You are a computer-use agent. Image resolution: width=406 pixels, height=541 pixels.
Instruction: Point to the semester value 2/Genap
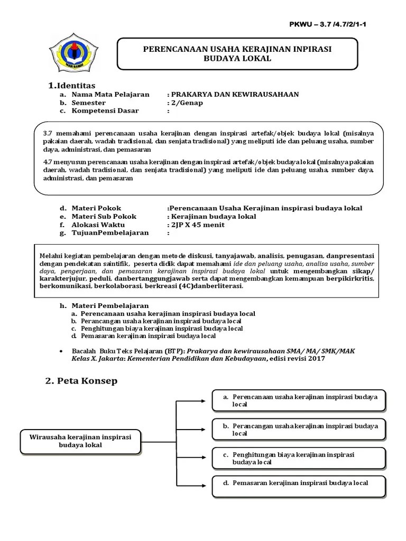(187, 102)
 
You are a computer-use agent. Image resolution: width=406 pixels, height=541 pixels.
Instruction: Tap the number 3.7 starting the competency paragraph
(48, 134)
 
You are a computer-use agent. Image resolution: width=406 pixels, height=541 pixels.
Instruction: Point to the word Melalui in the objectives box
(52, 256)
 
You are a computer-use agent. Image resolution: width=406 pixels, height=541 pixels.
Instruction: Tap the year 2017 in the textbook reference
(315, 359)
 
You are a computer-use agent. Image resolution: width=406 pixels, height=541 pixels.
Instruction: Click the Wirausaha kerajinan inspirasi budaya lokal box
(80, 441)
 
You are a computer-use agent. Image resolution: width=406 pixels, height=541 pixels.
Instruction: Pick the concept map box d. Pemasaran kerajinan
(299, 486)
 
